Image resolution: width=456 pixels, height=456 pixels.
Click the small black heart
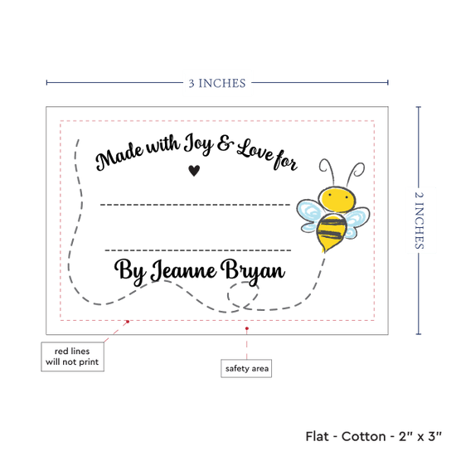tap(194, 171)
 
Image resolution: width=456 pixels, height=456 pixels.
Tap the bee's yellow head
tap(337, 200)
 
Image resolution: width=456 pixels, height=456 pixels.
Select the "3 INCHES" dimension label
tap(217, 84)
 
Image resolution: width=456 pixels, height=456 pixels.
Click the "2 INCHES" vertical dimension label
tap(419, 221)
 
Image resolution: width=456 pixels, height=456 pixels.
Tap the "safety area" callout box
tap(246, 368)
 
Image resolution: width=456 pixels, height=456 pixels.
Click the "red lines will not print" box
tap(72, 357)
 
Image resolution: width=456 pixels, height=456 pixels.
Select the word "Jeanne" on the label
tap(183, 270)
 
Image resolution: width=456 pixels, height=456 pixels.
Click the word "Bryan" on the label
tap(253, 272)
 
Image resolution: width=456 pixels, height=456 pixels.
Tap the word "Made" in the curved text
tap(119, 156)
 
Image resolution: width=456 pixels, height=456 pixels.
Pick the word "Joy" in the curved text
tap(199, 143)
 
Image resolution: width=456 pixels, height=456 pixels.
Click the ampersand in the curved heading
tap(225, 144)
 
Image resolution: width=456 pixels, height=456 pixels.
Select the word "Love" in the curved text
tap(255, 151)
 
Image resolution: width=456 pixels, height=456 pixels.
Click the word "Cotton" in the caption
tap(363, 436)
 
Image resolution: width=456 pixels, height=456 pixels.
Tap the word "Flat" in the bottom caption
tap(317, 436)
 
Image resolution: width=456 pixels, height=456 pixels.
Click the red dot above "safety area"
tap(247, 328)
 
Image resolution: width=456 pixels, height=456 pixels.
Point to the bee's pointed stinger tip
tap(323, 251)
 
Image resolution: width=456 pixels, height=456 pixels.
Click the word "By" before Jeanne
tap(130, 271)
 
